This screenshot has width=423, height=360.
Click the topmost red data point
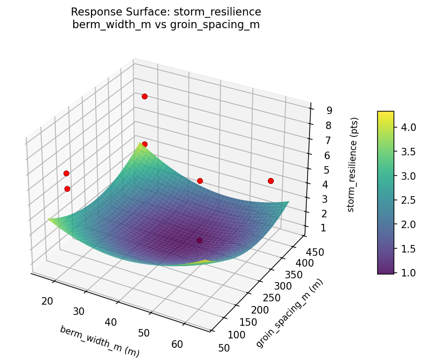(x=144, y=96)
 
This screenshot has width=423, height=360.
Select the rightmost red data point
(x=271, y=181)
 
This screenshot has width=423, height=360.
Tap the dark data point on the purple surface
(x=199, y=240)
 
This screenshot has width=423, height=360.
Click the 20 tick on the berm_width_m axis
(x=47, y=301)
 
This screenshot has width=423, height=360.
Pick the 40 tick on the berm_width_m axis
(x=112, y=322)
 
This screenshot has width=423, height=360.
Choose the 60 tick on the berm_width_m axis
(x=177, y=344)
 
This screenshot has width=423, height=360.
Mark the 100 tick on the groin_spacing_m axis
(x=237, y=334)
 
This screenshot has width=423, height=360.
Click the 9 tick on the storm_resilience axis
(x=329, y=111)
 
